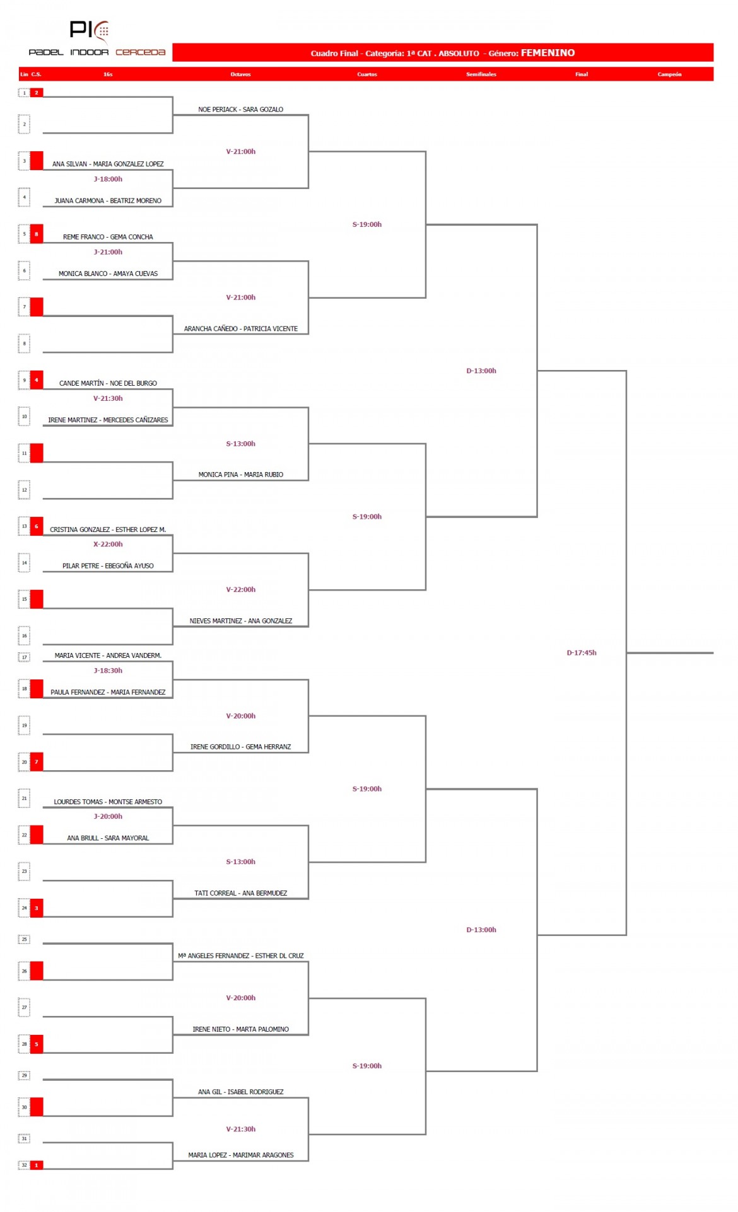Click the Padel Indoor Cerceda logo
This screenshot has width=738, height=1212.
[97, 38]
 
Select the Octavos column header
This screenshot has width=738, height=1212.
[240, 74]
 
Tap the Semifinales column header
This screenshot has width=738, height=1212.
[481, 74]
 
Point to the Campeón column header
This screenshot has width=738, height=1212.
[669, 74]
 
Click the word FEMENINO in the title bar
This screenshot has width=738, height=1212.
[548, 53]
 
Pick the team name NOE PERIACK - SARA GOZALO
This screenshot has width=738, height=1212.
[241, 110]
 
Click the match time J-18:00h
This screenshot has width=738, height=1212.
[108, 179]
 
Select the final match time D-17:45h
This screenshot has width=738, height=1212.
[582, 653]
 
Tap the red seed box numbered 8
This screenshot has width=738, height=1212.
[37, 234]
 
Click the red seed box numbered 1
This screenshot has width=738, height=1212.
[37, 1165]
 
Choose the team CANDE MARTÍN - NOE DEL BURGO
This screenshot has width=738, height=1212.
[108, 383]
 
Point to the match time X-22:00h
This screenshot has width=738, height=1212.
[108, 544]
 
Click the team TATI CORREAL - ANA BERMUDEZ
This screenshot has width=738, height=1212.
[241, 893]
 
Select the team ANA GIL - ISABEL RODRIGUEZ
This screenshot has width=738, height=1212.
[241, 1092]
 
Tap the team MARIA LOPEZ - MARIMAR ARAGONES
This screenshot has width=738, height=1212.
[241, 1155]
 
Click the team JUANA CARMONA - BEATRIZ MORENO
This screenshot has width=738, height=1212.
[108, 201]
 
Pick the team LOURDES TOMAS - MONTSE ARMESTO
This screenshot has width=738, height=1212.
[108, 802]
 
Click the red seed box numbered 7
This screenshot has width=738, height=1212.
[37, 761]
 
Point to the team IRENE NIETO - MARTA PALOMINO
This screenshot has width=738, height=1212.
[241, 1029]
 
